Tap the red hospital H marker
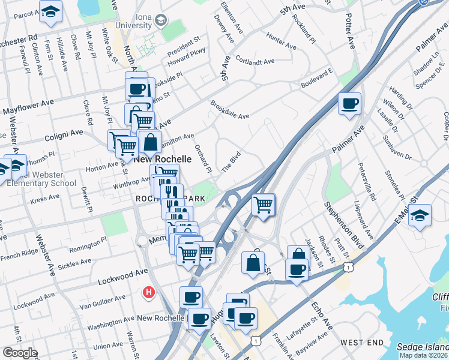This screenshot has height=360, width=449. click(x=148, y=293)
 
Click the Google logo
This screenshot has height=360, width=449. click(x=19, y=353)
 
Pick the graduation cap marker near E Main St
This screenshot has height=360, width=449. click(x=420, y=215)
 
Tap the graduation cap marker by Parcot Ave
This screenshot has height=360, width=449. click(x=50, y=11)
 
